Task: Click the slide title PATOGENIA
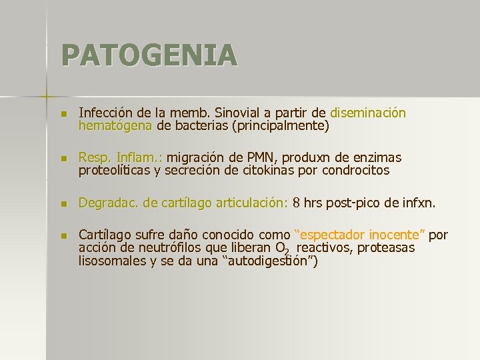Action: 149,55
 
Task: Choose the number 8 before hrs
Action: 296,203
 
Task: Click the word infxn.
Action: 419,203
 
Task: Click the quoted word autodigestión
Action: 273,260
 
